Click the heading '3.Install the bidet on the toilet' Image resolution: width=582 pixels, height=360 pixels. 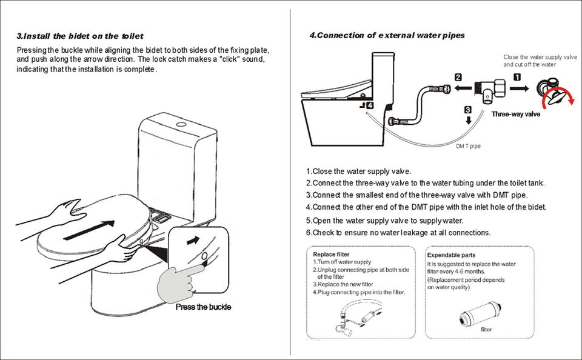(79, 36)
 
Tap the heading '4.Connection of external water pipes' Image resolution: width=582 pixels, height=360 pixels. (387, 35)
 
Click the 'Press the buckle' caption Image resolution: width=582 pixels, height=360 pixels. (203, 307)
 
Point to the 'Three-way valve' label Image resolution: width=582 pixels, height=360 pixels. (515, 114)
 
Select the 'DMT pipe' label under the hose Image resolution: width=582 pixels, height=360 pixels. (468, 146)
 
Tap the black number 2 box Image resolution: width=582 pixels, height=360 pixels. (458, 77)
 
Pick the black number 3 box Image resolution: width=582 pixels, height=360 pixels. (468, 110)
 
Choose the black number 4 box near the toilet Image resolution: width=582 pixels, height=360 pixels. (370, 105)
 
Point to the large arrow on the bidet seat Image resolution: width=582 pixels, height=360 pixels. (88, 229)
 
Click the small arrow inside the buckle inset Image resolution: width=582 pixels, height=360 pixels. (193, 240)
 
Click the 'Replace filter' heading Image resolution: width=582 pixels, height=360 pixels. (330, 255)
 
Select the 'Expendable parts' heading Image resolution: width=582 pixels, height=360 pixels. (452, 255)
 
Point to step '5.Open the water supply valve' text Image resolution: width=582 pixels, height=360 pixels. (384, 220)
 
